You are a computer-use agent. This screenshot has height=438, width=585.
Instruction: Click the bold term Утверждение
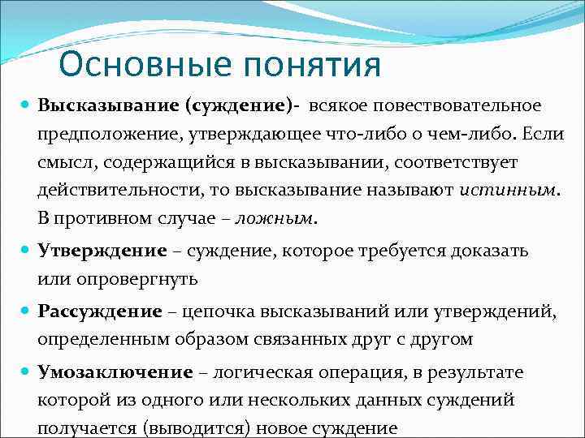click(103, 251)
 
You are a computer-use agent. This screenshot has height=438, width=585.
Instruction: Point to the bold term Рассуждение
click(100, 311)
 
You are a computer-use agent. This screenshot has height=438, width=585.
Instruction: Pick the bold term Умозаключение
click(115, 372)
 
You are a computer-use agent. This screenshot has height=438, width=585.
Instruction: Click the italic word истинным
click(509, 191)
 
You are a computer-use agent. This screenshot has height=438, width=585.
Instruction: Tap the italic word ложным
click(284, 219)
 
